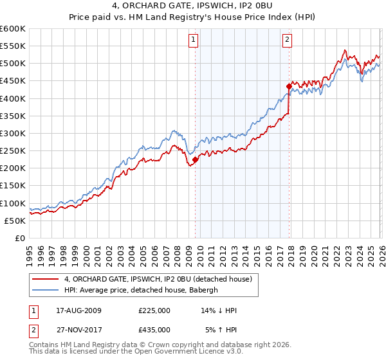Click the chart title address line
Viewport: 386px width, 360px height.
pos(193,7)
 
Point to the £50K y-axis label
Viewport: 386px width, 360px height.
pos(14,221)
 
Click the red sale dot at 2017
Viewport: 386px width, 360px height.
pos(289,86)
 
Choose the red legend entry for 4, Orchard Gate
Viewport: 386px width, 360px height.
pos(161,278)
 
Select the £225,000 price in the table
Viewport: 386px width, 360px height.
pos(154,310)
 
